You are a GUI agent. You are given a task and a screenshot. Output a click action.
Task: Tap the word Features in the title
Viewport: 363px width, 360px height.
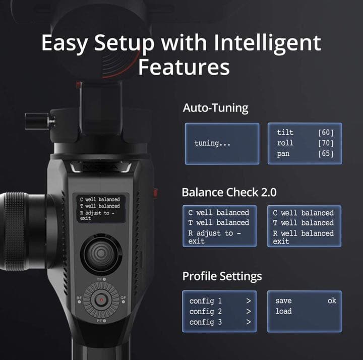point(184,67)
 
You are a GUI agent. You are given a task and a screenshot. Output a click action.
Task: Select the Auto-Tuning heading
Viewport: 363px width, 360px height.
point(215,108)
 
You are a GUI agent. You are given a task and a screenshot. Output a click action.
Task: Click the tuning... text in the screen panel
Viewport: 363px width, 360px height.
point(212,143)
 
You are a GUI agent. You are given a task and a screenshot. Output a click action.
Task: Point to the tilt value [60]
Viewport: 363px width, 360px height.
point(326,133)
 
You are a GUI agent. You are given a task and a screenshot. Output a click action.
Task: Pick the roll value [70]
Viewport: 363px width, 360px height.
point(326,143)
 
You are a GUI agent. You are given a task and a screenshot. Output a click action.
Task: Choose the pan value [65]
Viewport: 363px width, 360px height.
point(326,153)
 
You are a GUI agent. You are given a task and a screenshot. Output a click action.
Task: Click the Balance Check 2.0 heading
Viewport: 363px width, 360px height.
point(229,192)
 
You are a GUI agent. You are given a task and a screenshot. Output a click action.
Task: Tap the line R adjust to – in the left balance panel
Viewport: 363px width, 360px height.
point(214,233)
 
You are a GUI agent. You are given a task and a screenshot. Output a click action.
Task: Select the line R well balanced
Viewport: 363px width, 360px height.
point(303,233)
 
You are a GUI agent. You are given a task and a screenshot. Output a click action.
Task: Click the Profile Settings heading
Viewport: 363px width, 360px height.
point(222,276)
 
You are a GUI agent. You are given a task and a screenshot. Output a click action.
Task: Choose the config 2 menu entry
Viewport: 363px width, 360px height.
point(206,312)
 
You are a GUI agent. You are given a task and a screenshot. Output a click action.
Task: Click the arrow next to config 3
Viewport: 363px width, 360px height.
point(249,322)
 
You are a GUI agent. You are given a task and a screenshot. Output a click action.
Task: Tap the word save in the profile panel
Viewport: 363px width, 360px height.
point(283,301)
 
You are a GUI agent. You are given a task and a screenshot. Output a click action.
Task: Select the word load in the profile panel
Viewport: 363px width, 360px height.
point(283,311)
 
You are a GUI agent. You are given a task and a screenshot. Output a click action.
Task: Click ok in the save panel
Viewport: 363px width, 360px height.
point(332,301)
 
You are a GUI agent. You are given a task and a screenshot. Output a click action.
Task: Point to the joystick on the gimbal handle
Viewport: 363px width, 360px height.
point(101,254)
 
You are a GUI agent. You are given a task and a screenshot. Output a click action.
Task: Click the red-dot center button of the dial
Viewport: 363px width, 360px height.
point(101,300)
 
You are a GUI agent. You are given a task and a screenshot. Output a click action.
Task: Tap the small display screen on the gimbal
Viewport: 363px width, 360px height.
point(101,208)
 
